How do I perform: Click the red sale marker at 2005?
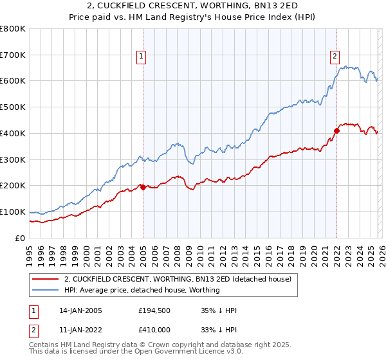click(x=142, y=187)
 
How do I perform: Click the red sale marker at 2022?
click(x=336, y=130)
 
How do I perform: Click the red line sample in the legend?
click(x=46, y=279)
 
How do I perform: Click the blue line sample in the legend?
click(x=46, y=290)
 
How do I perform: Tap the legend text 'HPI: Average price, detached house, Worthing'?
click(x=142, y=290)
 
